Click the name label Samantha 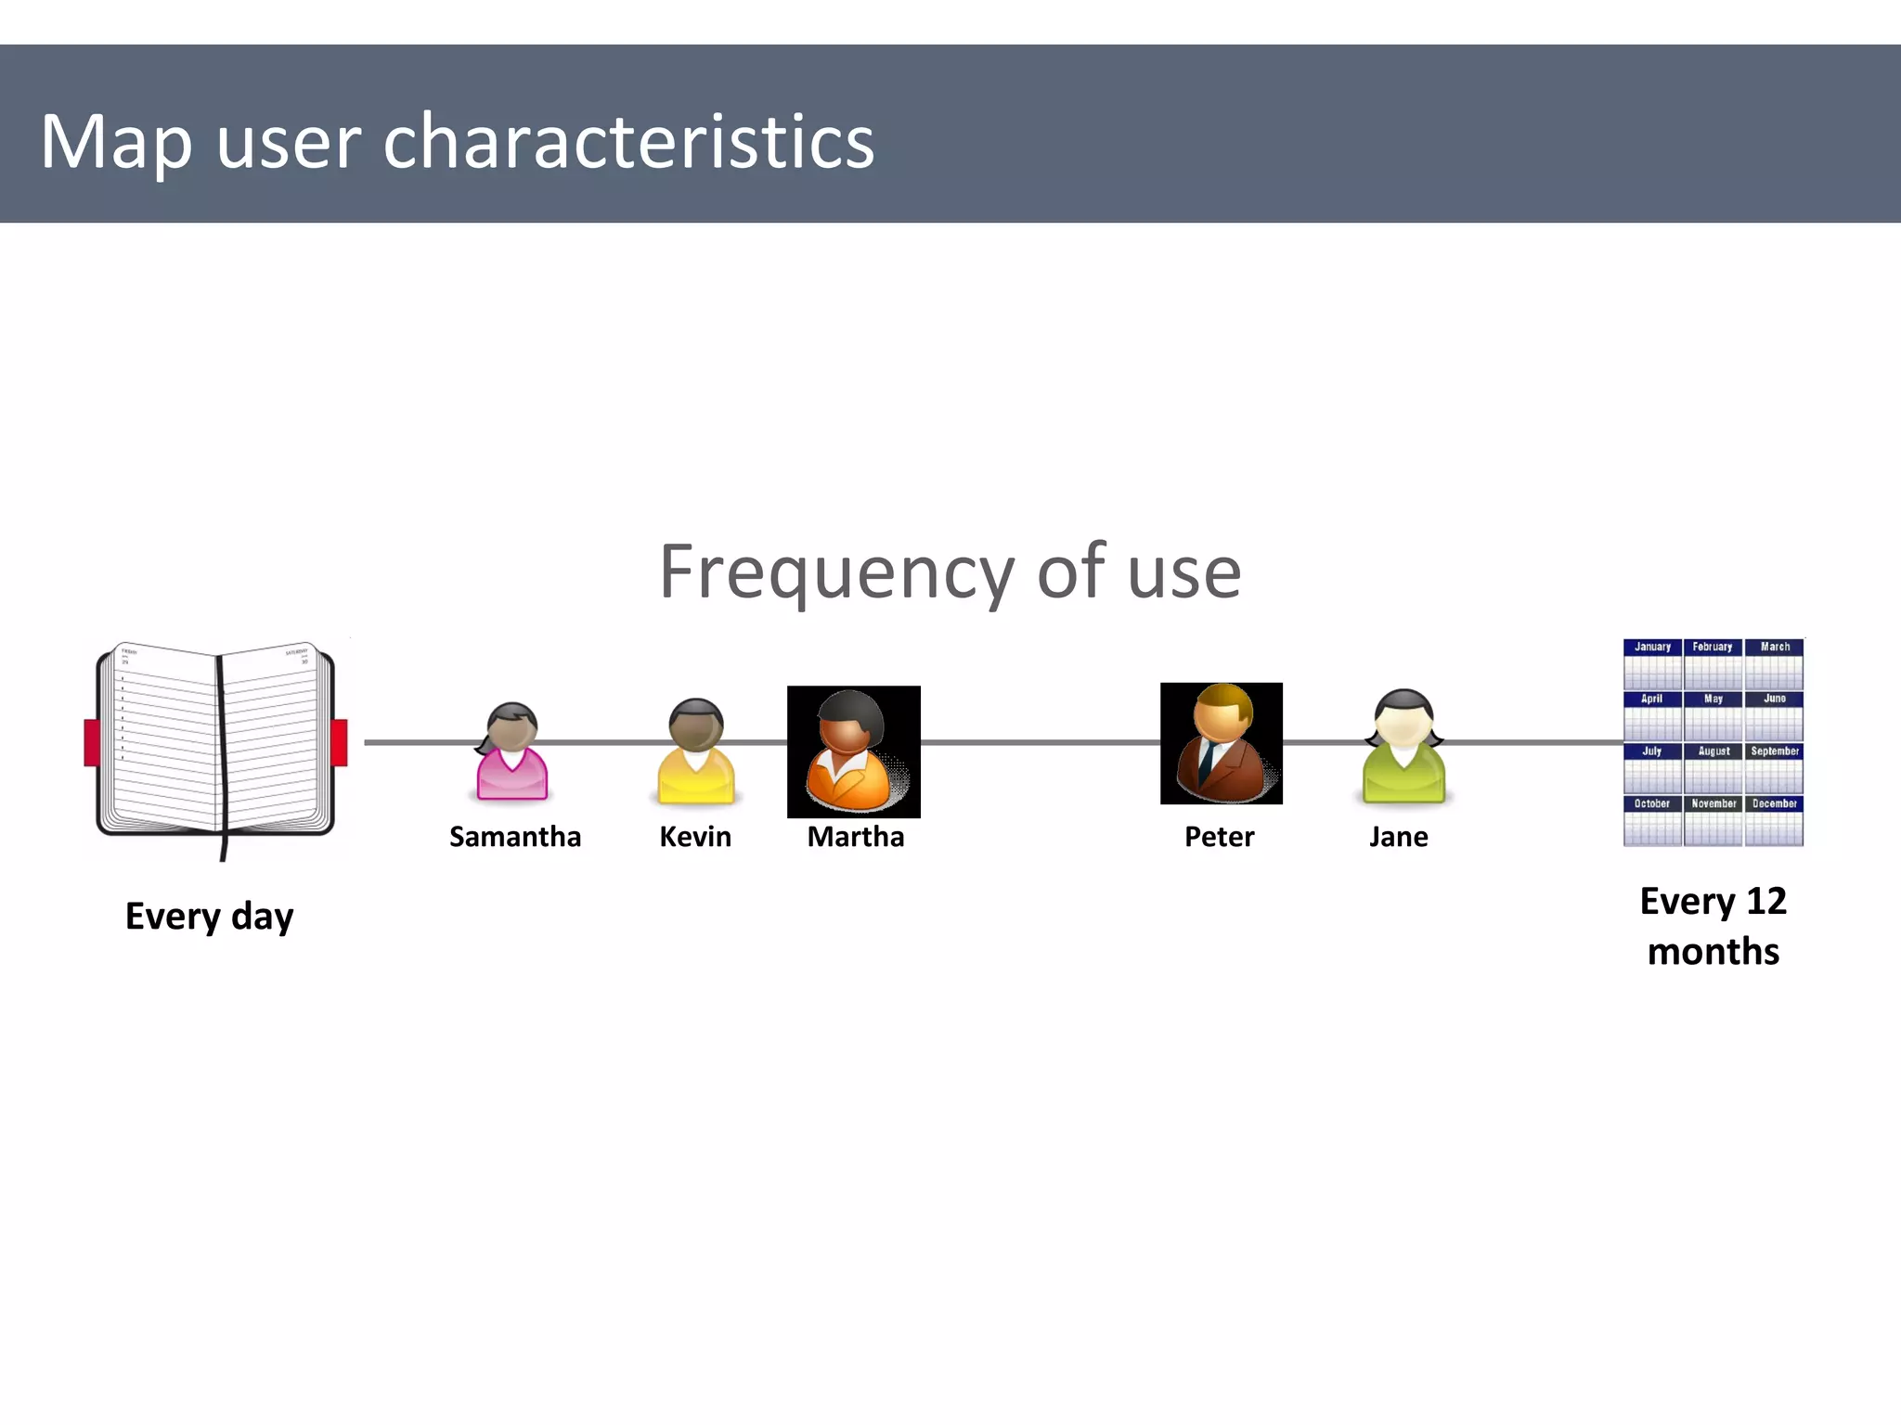515,837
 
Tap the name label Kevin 695,837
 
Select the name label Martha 855,837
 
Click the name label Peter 1219,837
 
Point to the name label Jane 1398,837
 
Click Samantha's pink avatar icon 511,753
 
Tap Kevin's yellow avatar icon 696,752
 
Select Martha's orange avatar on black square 854,751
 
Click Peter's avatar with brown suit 1221,743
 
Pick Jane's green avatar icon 1403,748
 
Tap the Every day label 210,917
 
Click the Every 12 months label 1713,926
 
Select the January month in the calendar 1652,663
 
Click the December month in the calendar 1774,820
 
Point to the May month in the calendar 1713,715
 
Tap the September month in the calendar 1774,767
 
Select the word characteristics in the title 628,142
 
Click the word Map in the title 116,142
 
